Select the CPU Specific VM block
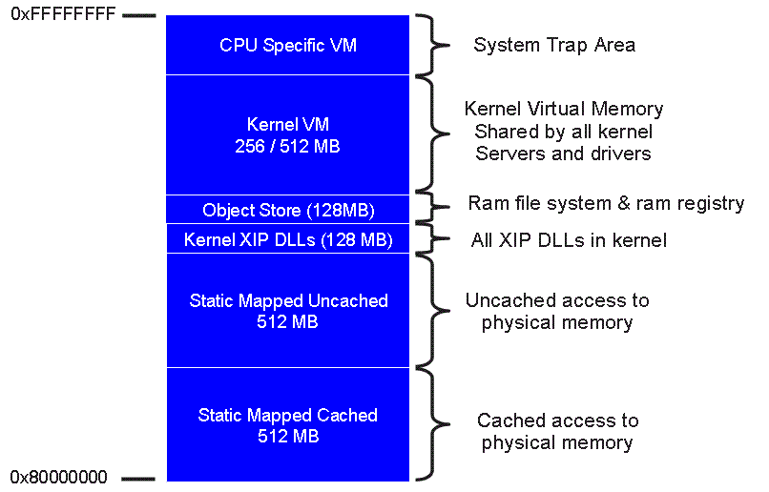(288, 45)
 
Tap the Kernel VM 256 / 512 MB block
(288, 135)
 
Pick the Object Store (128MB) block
(288, 210)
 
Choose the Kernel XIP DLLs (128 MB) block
(288, 238)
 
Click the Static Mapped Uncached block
(288, 311)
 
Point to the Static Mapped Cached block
(288, 425)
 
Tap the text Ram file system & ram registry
(606, 203)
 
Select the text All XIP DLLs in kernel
(570, 240)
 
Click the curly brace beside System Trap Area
(437, 45)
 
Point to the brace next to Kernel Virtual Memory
(437, 133)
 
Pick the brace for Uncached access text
(437, 310)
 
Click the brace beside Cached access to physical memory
(437, 423)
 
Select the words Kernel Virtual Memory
(563, 109)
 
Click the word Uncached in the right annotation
(506, 300)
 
